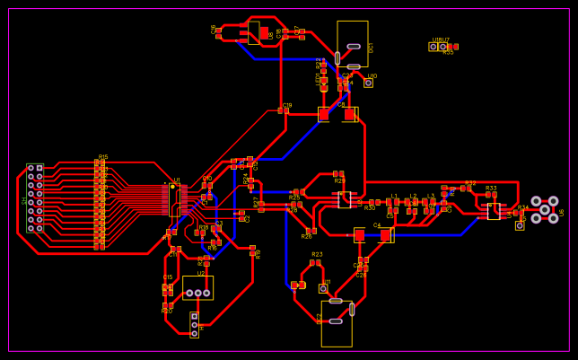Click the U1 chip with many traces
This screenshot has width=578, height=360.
coord(174,198)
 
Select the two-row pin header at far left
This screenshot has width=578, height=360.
coord(35,198)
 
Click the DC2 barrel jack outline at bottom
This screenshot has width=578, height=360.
coord(337,322)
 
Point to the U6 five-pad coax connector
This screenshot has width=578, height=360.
coord(545,209)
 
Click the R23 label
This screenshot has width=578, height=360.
coord(317,255)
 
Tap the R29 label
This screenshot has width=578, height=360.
coord(340,180)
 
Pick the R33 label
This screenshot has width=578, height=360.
coord(491,189)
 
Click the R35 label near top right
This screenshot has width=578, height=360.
coord(448,53)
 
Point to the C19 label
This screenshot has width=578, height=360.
coord(287,106)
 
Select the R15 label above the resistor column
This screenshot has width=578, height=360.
coord(103,157)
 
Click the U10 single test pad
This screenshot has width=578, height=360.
coord(368,83)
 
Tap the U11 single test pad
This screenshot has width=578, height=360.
coord(323,288)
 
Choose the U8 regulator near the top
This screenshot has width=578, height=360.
coord(254,33)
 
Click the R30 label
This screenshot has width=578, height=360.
coord(370,208)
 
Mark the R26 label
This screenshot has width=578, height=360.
coord(306,237)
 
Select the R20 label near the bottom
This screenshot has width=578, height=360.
coord(167,312)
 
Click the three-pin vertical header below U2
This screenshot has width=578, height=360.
coord(194,325)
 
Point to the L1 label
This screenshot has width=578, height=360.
coord(394,196)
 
